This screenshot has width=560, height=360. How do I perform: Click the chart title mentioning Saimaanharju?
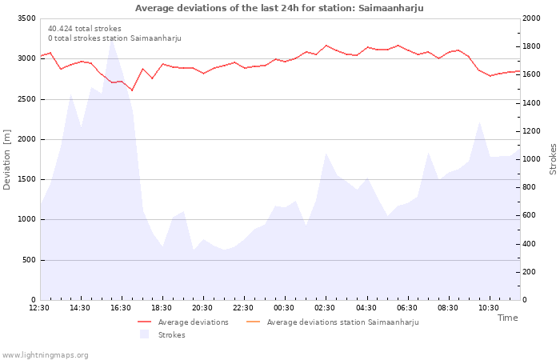(279, 8)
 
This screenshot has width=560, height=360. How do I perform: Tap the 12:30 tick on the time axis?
(39, 307)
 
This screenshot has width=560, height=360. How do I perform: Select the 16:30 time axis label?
(121, 307)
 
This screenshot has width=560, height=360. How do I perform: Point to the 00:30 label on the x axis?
(284, 307)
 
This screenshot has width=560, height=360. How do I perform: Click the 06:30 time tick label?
(407, 307)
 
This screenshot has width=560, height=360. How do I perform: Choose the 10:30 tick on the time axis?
(489, 307)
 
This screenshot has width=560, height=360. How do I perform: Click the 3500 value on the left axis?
(26, 18)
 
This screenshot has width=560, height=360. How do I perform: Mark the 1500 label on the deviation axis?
(26, 179)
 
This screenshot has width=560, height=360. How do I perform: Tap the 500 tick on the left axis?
(29, 260)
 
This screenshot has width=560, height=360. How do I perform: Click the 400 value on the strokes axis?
(530, 244)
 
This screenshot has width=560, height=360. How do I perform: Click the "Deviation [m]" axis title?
(7, 159)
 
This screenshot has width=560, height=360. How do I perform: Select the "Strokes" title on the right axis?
(553, 159)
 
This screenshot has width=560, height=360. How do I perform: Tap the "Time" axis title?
(507, 318)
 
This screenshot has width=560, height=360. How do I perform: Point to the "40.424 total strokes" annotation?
(85, 29)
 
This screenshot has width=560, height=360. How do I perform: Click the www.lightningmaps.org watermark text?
(46, 355)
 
